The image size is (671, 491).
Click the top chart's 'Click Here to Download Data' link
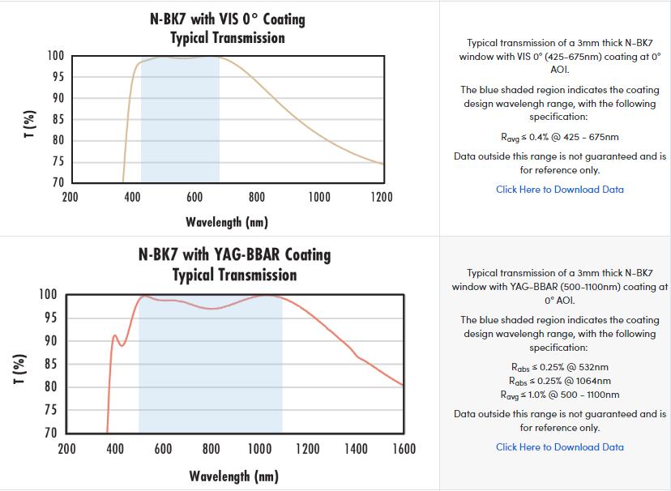pos(559,190)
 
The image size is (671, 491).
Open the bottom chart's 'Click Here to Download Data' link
pos(559,447)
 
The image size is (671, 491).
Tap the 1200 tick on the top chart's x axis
pos(382,198)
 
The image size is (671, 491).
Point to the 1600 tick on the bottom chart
pos(404,449)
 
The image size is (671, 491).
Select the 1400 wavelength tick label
pos(356,449)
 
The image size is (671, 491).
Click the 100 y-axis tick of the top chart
pos(55,56)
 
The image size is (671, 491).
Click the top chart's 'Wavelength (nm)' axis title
pos(226,221)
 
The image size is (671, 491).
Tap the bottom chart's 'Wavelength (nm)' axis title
pos(233,476)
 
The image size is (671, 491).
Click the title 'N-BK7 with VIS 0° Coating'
pos(228,18)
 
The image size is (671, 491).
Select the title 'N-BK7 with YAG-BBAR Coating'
pos(234,254)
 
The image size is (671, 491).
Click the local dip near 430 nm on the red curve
pos(122,345)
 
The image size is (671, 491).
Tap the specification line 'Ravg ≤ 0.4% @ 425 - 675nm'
pos(560,137)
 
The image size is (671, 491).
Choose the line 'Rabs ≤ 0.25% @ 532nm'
pos(560,367)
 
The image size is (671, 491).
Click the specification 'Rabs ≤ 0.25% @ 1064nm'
pos(560,381)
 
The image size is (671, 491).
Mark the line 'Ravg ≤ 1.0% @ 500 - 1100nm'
pos(560,395)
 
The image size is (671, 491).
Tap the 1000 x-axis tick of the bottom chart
pos(259,449)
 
